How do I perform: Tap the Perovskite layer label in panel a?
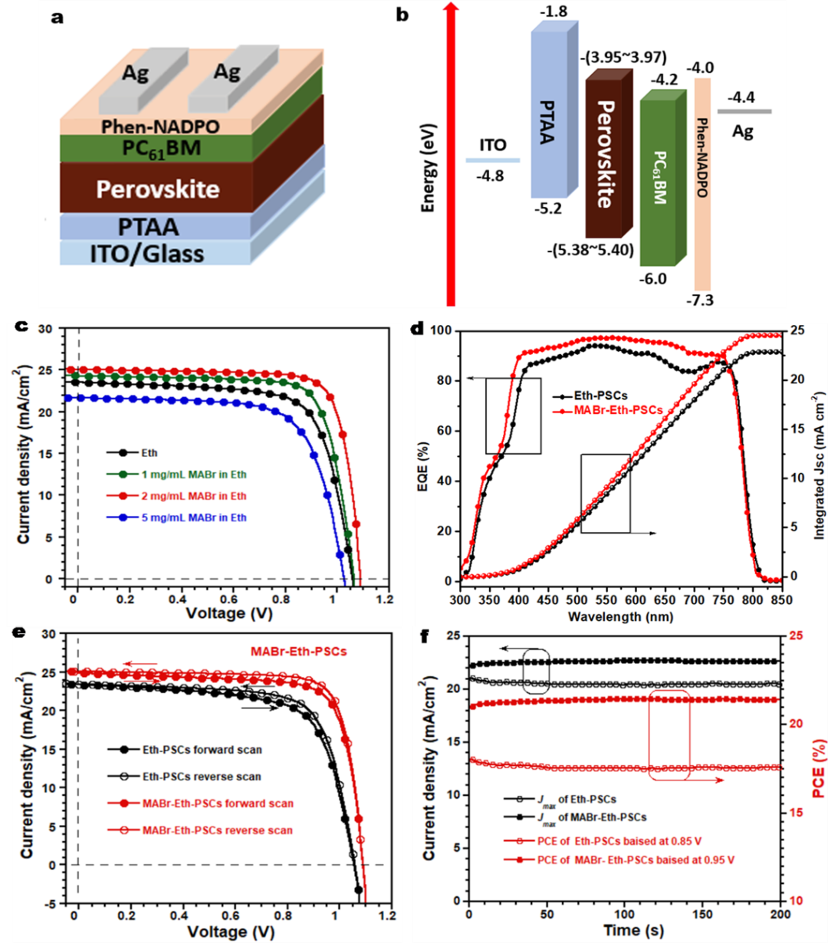pos(158,189)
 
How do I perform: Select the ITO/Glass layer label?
pos(146,254)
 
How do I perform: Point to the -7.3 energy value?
pos(700,300)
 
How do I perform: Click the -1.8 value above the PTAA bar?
pos(553,11)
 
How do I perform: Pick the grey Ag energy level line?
pos(744,112)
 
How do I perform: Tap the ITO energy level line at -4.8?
pos(492,160)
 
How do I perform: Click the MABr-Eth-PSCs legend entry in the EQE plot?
pos(618,411)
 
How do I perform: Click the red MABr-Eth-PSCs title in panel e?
pos(298,652)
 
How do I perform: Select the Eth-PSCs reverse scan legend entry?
pos(202,777)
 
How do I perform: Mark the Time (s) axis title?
pos(632,930)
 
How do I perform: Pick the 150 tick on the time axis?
pos(702,914)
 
